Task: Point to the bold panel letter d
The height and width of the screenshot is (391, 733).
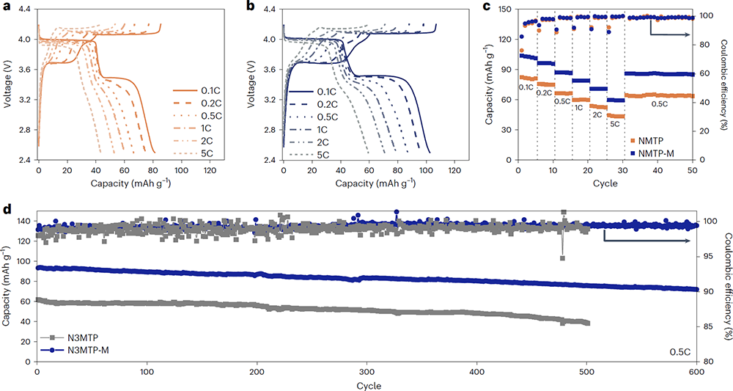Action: (x=7, y=210)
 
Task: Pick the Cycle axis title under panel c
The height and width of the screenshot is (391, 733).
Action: (x=606, y=182)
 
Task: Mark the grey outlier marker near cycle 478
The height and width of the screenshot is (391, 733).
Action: (x=562, y=257)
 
